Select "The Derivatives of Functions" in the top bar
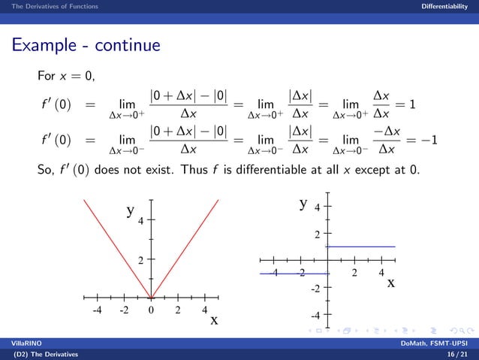tap(49, 7)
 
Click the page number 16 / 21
tap(456, 352)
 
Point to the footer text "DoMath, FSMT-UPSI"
tap(439, 343)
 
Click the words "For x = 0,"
tap(65, 77)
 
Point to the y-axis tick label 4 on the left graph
tap(140, 220)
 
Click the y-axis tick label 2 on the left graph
tap(140, 260)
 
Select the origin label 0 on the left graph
tap(152, 309)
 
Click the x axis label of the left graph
tap(214, 320)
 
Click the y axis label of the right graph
tap(304, 203)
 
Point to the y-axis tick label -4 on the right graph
tap(317, 315)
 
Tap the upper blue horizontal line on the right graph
tap(360, 247)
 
